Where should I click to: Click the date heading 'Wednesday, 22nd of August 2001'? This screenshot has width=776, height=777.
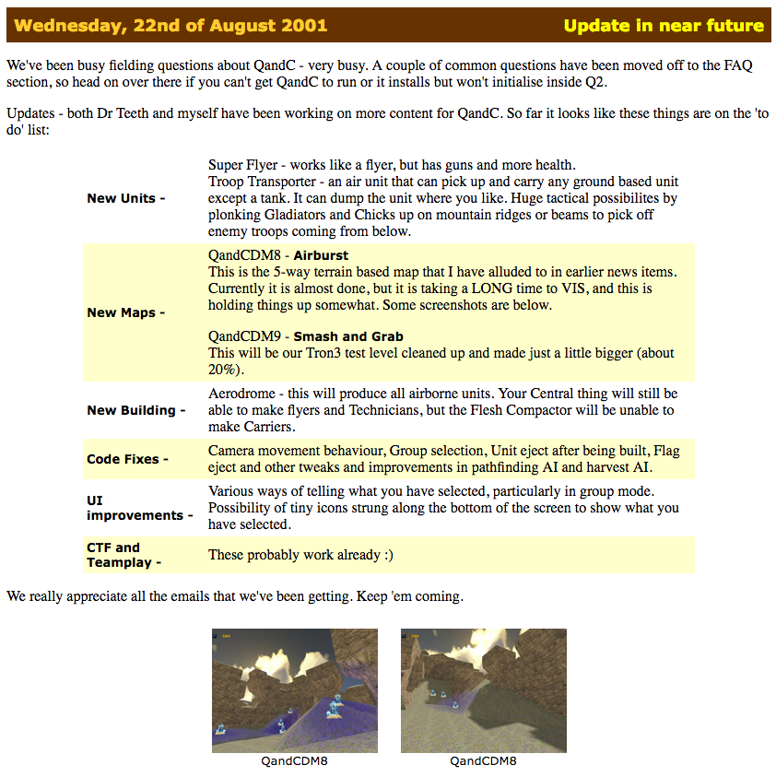170,25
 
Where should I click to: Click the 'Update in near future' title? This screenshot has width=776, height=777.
664,25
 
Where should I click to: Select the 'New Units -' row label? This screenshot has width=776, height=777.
126,198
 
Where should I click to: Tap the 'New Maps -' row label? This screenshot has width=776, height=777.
125,312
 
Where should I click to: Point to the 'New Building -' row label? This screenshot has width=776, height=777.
135,410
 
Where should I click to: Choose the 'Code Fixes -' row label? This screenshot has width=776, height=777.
127,459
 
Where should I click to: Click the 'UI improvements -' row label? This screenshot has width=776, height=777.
139,508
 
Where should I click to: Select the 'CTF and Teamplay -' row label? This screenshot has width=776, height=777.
123,555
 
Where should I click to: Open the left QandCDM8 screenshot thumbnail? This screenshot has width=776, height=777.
295,690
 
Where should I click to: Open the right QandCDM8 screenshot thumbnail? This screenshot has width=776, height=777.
483,690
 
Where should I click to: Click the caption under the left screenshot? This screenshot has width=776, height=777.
295,761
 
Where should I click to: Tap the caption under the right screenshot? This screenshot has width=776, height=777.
483,761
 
